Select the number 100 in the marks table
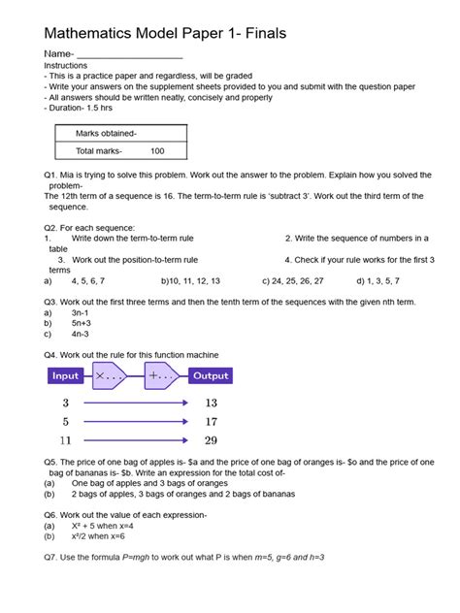pyautogui.click(x=157, y=151)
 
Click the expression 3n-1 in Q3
pyautogui.click(x=81, y=313)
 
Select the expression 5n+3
pyautogui.click(x=82, y=324)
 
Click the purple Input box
pyautogui.click(x=66, y=375)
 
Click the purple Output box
pyautogui.click(x=211, y=375)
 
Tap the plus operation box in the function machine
pyautogui.click(x=163, y=375)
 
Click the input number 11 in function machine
pyautogui.click(x=66, y=440)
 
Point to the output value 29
pyautogui.click(x=211, y=440)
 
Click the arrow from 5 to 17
pyautogui.click(x=135, y=422)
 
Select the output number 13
pyautogui.click(x=211, y=403)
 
